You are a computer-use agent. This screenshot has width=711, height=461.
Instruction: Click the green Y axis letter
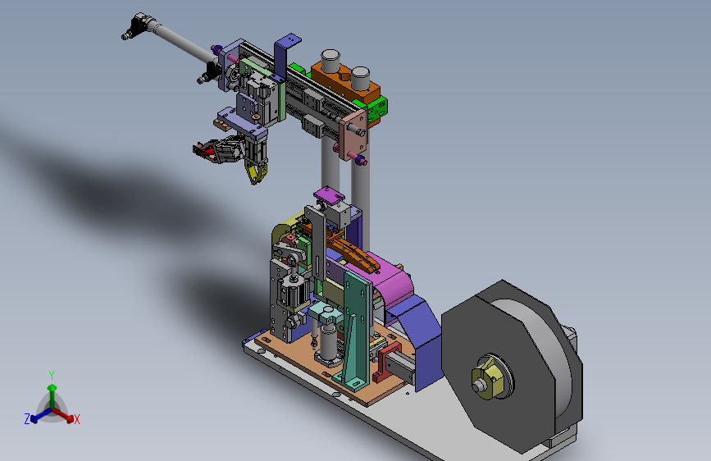click(52, 376)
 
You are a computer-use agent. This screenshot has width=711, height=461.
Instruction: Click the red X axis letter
click(76, 420)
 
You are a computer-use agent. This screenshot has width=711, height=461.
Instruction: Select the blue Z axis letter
click(27, 419)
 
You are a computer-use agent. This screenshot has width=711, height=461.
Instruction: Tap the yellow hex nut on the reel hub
click(487, 377)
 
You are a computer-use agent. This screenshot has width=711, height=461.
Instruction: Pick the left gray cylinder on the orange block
click(330, 61)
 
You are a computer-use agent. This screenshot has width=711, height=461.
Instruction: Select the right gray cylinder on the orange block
click(360, 78)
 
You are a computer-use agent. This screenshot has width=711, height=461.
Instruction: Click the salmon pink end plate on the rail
click(353, 135)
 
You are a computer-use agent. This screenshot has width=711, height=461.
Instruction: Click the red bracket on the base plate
click(385, 362)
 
